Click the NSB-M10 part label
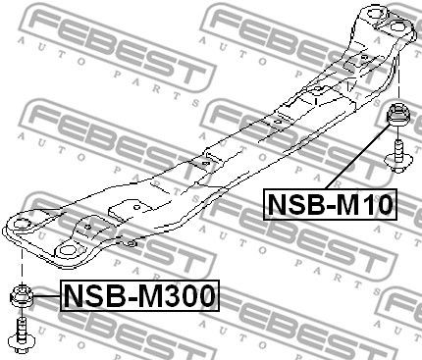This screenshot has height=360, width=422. tap(330, 204)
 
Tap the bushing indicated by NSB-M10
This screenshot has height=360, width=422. tap(399, 115)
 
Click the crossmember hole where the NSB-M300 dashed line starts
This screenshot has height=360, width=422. tap(22, 231)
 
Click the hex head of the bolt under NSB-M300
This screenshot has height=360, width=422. tap(21, 341)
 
